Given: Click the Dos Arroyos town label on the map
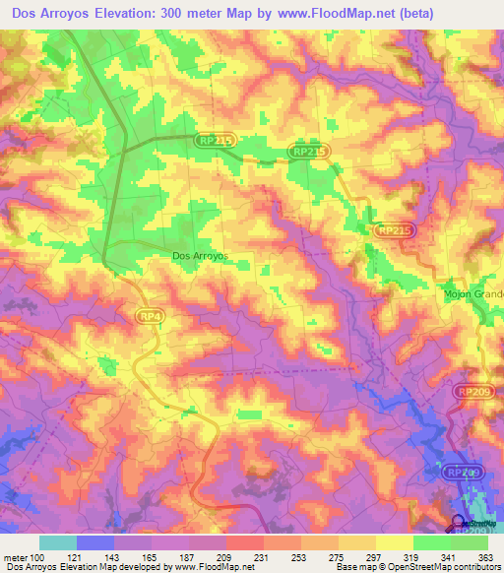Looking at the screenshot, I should (200, 255).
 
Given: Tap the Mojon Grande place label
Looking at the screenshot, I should (472, 293).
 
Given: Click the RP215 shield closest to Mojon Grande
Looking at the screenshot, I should (395, 229).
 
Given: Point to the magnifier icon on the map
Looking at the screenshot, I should (460, 523).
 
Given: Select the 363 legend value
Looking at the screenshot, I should (483, 556).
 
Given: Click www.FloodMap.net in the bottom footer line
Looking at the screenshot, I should (207, 567).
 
